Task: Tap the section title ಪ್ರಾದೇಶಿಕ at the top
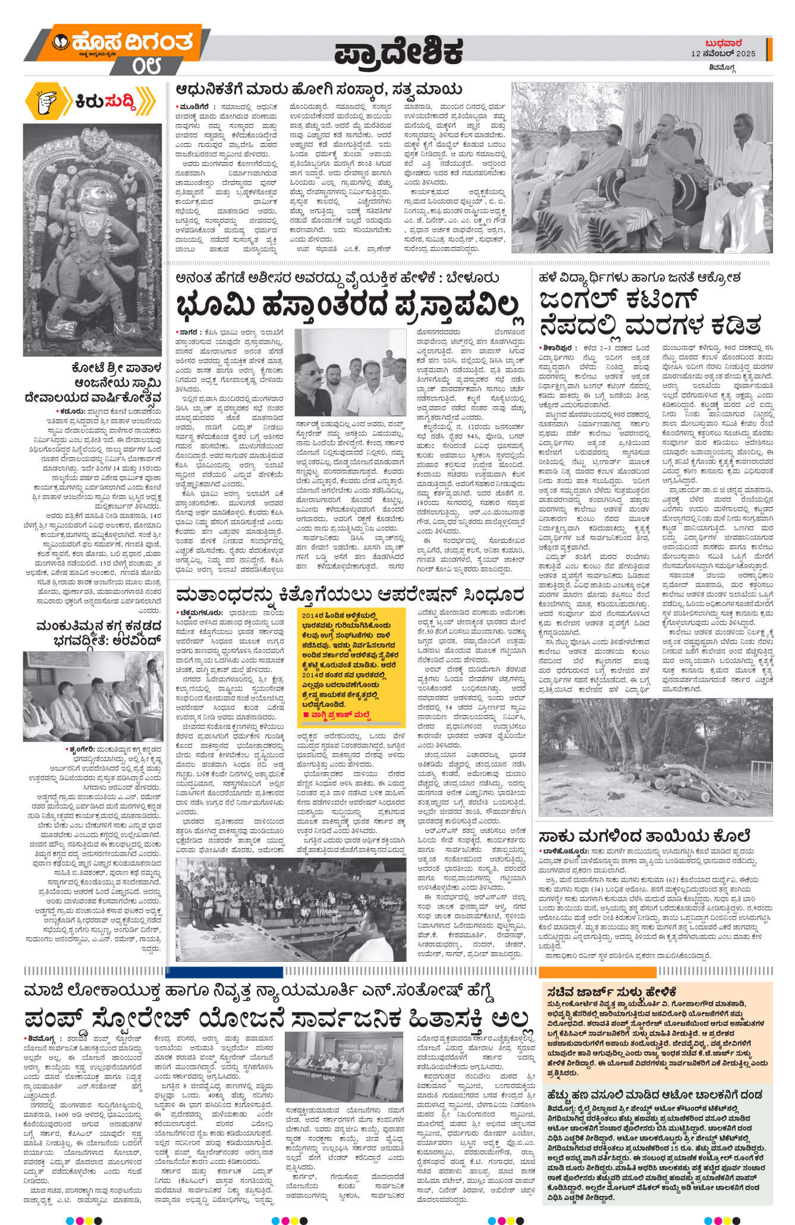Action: pyautogui.click(x=398, y=53)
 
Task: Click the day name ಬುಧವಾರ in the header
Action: pyautogui.click(x=722, y=43)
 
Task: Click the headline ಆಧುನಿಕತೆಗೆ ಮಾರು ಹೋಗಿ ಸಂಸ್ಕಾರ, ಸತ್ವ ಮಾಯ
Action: pyautogui.click(x=319, y=90)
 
